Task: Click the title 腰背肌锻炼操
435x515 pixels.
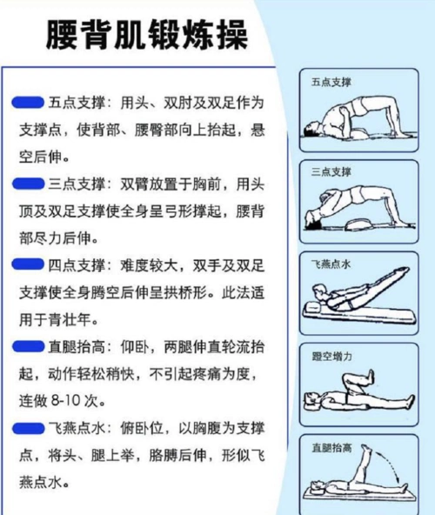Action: tap(145, 36)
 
